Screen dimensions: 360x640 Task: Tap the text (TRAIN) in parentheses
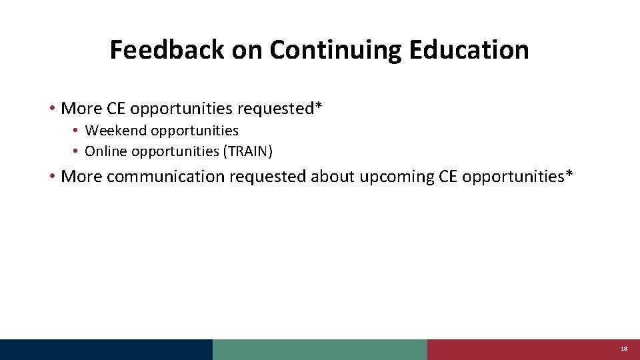[248, 151]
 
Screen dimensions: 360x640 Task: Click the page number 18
[623, 349]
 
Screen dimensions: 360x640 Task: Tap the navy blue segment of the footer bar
[106, 349]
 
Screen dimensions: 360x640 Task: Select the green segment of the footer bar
[319, 349]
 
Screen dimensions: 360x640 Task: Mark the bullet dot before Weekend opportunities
[77, 131]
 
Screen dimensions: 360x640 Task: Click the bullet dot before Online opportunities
[77, 151]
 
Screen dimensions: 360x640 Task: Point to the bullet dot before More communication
[52, 177]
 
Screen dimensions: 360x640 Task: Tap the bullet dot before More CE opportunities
[52, 108]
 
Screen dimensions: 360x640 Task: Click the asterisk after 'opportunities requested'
[319, 105]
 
